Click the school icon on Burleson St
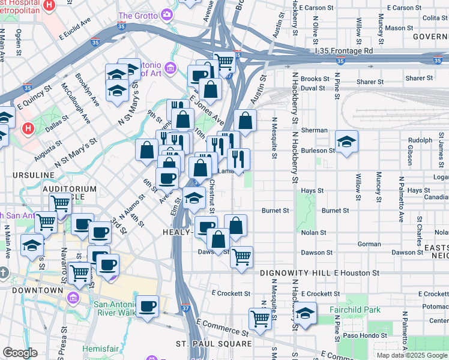click(x=346, y=142)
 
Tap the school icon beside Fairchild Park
click(x=305, y=313)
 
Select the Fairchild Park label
click(x=355, y=310)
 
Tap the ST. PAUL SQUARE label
click(x=214, y=344)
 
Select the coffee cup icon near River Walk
click(x=148, y=306)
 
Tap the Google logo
click(x=20, y=353)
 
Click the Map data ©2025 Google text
click(x=412, y=355)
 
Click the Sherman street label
click(x=314, y=130)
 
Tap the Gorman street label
click(x=369, y=244)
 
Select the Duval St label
click(x=312, y=88)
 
